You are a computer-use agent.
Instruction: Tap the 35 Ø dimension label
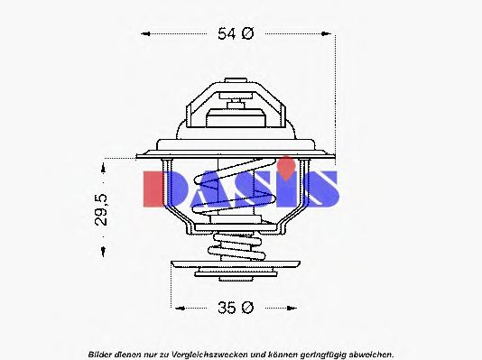tap(236, 308)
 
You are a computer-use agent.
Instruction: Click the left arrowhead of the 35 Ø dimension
tap(176, 308)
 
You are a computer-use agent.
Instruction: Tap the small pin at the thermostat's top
tap(236, 91)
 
